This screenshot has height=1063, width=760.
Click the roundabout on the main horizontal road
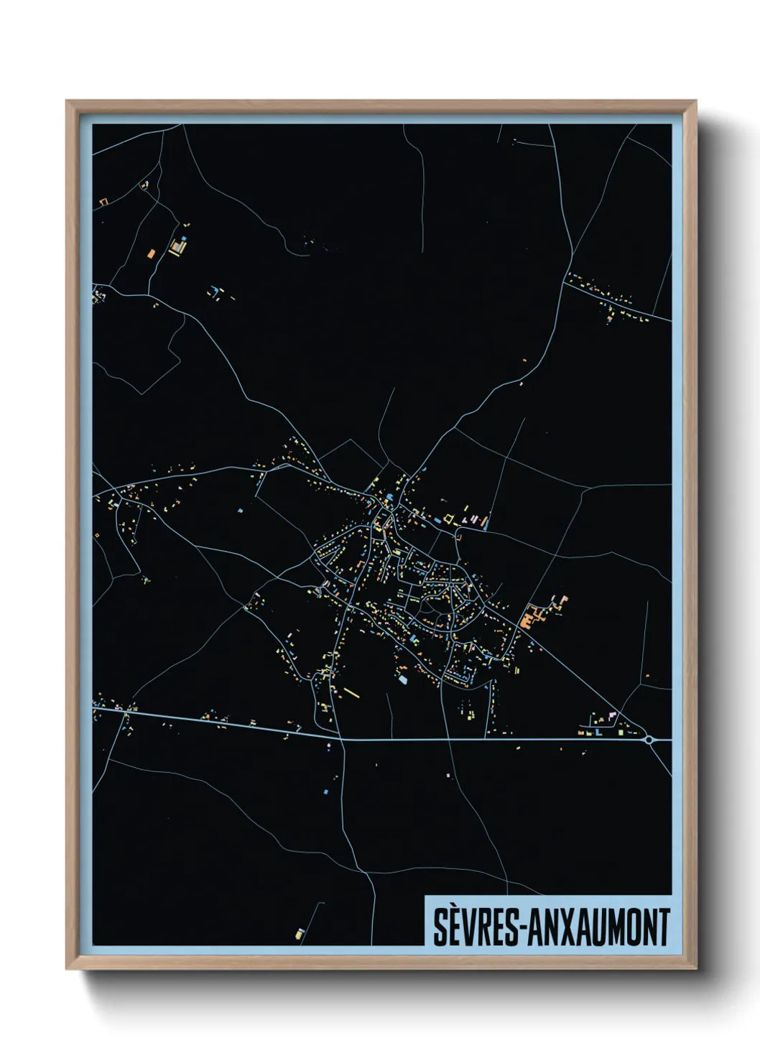click(x=649, y=738)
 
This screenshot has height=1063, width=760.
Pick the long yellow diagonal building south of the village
click(x=351, y=692)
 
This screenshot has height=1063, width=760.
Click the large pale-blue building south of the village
click(x=402, y=679)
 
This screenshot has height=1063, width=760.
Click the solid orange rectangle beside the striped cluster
click(x=151, y=253)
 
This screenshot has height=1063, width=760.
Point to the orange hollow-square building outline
click(x=103, y=202)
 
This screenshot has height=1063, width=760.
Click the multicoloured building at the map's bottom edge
click(x=300, y=934)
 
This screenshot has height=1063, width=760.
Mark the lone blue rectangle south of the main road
click(x=326, y=792)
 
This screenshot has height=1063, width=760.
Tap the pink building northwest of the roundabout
click(x=612, y=715)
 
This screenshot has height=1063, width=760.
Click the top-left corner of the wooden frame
click(x=67, y=101)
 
